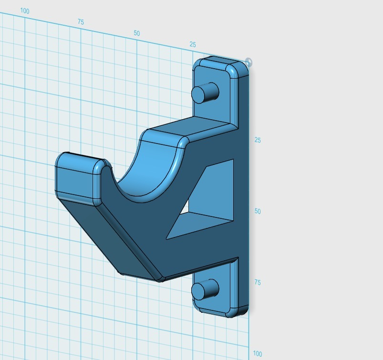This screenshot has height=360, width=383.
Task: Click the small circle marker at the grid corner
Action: click(248, 62)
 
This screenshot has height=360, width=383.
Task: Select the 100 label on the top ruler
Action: click(25, 11)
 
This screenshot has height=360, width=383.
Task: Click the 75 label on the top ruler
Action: click(81, 22)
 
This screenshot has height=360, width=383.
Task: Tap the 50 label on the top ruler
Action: click(137, 33)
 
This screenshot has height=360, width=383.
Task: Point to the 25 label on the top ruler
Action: click(193, 44)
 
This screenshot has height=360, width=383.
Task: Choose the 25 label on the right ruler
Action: click(258, 140)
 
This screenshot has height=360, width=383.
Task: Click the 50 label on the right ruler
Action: click(258, 211)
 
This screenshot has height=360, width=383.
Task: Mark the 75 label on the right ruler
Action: click(258, 282)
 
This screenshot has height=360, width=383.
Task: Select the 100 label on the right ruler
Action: click(258, 354)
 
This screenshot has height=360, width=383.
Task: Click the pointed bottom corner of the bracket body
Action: click(160, 280)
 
